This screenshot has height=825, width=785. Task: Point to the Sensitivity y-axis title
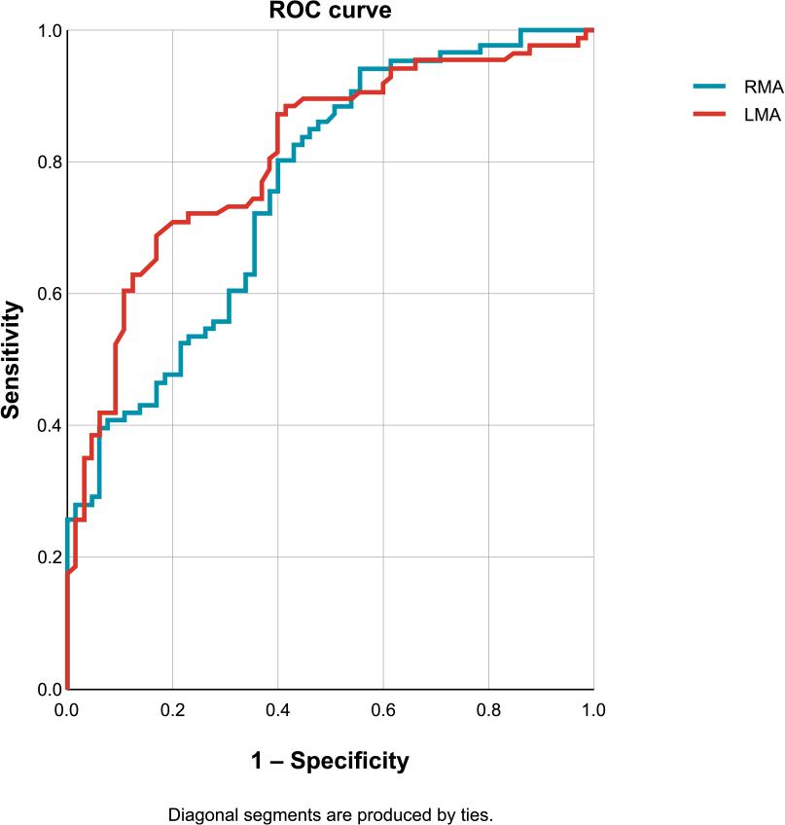(x=12, y=360)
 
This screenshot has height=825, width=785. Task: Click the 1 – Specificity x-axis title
(x=330, y=761)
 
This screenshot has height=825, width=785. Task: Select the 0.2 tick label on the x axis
(x=172, y=710)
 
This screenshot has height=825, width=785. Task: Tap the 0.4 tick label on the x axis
(x=277, y=710)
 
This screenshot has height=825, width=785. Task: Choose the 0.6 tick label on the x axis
(x=383, y=710)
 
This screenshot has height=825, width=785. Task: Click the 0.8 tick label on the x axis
(x=488, y=710)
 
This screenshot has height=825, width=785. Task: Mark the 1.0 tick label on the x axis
(x=593, y=710)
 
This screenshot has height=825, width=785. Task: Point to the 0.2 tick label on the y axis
(x=48, y=557)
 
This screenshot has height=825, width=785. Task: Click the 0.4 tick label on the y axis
(x=48, y=426)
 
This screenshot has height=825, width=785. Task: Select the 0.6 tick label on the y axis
(x=48, y=294)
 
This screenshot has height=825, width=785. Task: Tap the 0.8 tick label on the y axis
(x=48, y=162)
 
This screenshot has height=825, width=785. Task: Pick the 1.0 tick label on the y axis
(x=48, y=31)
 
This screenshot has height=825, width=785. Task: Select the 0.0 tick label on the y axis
(x=48, y=690)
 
